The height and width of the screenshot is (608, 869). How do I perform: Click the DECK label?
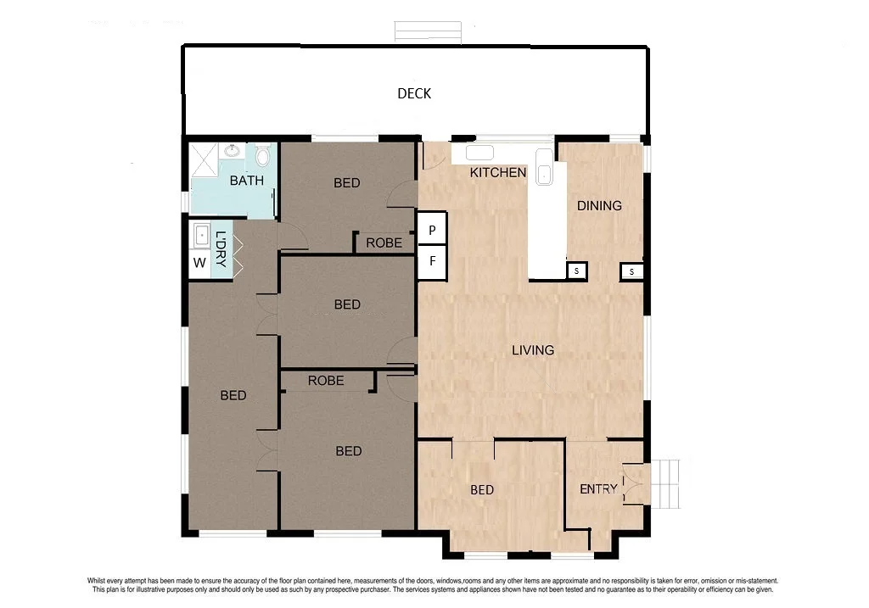click(x=414, y=93)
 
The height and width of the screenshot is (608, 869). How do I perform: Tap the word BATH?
click(x=246, y=181)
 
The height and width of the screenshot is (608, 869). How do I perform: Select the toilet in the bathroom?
click(x=262, y=157)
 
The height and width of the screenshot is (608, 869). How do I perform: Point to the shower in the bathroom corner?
click(x=204, y=159)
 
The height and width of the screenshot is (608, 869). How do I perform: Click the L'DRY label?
click(x=221, y=249)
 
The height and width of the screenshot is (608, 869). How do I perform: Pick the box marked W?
click(x=199, y=263)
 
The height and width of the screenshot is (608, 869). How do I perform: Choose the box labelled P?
click(x=432, y=231)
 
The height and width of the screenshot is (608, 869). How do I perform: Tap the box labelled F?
click(x=432, y=261)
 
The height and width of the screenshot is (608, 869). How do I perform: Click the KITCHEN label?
click(x=498, y=173)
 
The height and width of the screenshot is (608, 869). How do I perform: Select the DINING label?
click(x=599, y=205)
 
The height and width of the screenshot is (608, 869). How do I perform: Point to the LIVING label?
click(x=532, y=349)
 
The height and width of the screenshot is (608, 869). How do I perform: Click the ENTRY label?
click(x=598, y=488)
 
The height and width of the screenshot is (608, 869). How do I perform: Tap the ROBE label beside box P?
click(x=384, y=243)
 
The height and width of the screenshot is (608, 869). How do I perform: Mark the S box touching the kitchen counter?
click(x=577, y=271)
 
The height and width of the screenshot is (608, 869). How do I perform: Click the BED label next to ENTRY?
click(x=482, y=489)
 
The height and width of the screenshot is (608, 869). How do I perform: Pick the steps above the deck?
click(x=428, y=31)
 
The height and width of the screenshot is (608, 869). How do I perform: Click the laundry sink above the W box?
click(x=202, y=235)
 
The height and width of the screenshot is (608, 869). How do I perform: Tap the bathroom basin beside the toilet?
click(x=232, y=151)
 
